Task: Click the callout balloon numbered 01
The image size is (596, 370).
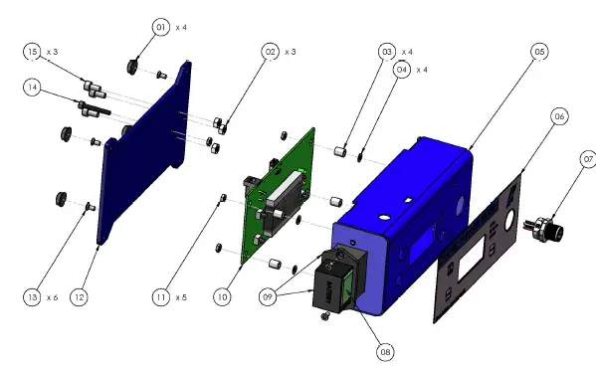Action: click(x=161, y=27)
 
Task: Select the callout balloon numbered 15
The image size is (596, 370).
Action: click(x=32, y=52)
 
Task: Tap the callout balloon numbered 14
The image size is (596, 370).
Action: click(x=32, y=88)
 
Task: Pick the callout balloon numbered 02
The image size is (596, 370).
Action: click(x=271, y=52)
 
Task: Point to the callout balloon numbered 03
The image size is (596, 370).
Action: click(x=387, y=52)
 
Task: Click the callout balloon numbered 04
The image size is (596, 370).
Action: click(x=402, y=70)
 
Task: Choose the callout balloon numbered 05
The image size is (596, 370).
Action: click(x=539, y=52)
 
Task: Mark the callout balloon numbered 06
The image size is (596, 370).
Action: click(x=559, y=116)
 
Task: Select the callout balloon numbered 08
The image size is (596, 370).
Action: click(x=385, y=352)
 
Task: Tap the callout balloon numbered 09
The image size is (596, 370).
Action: click(x=268, y=296)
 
